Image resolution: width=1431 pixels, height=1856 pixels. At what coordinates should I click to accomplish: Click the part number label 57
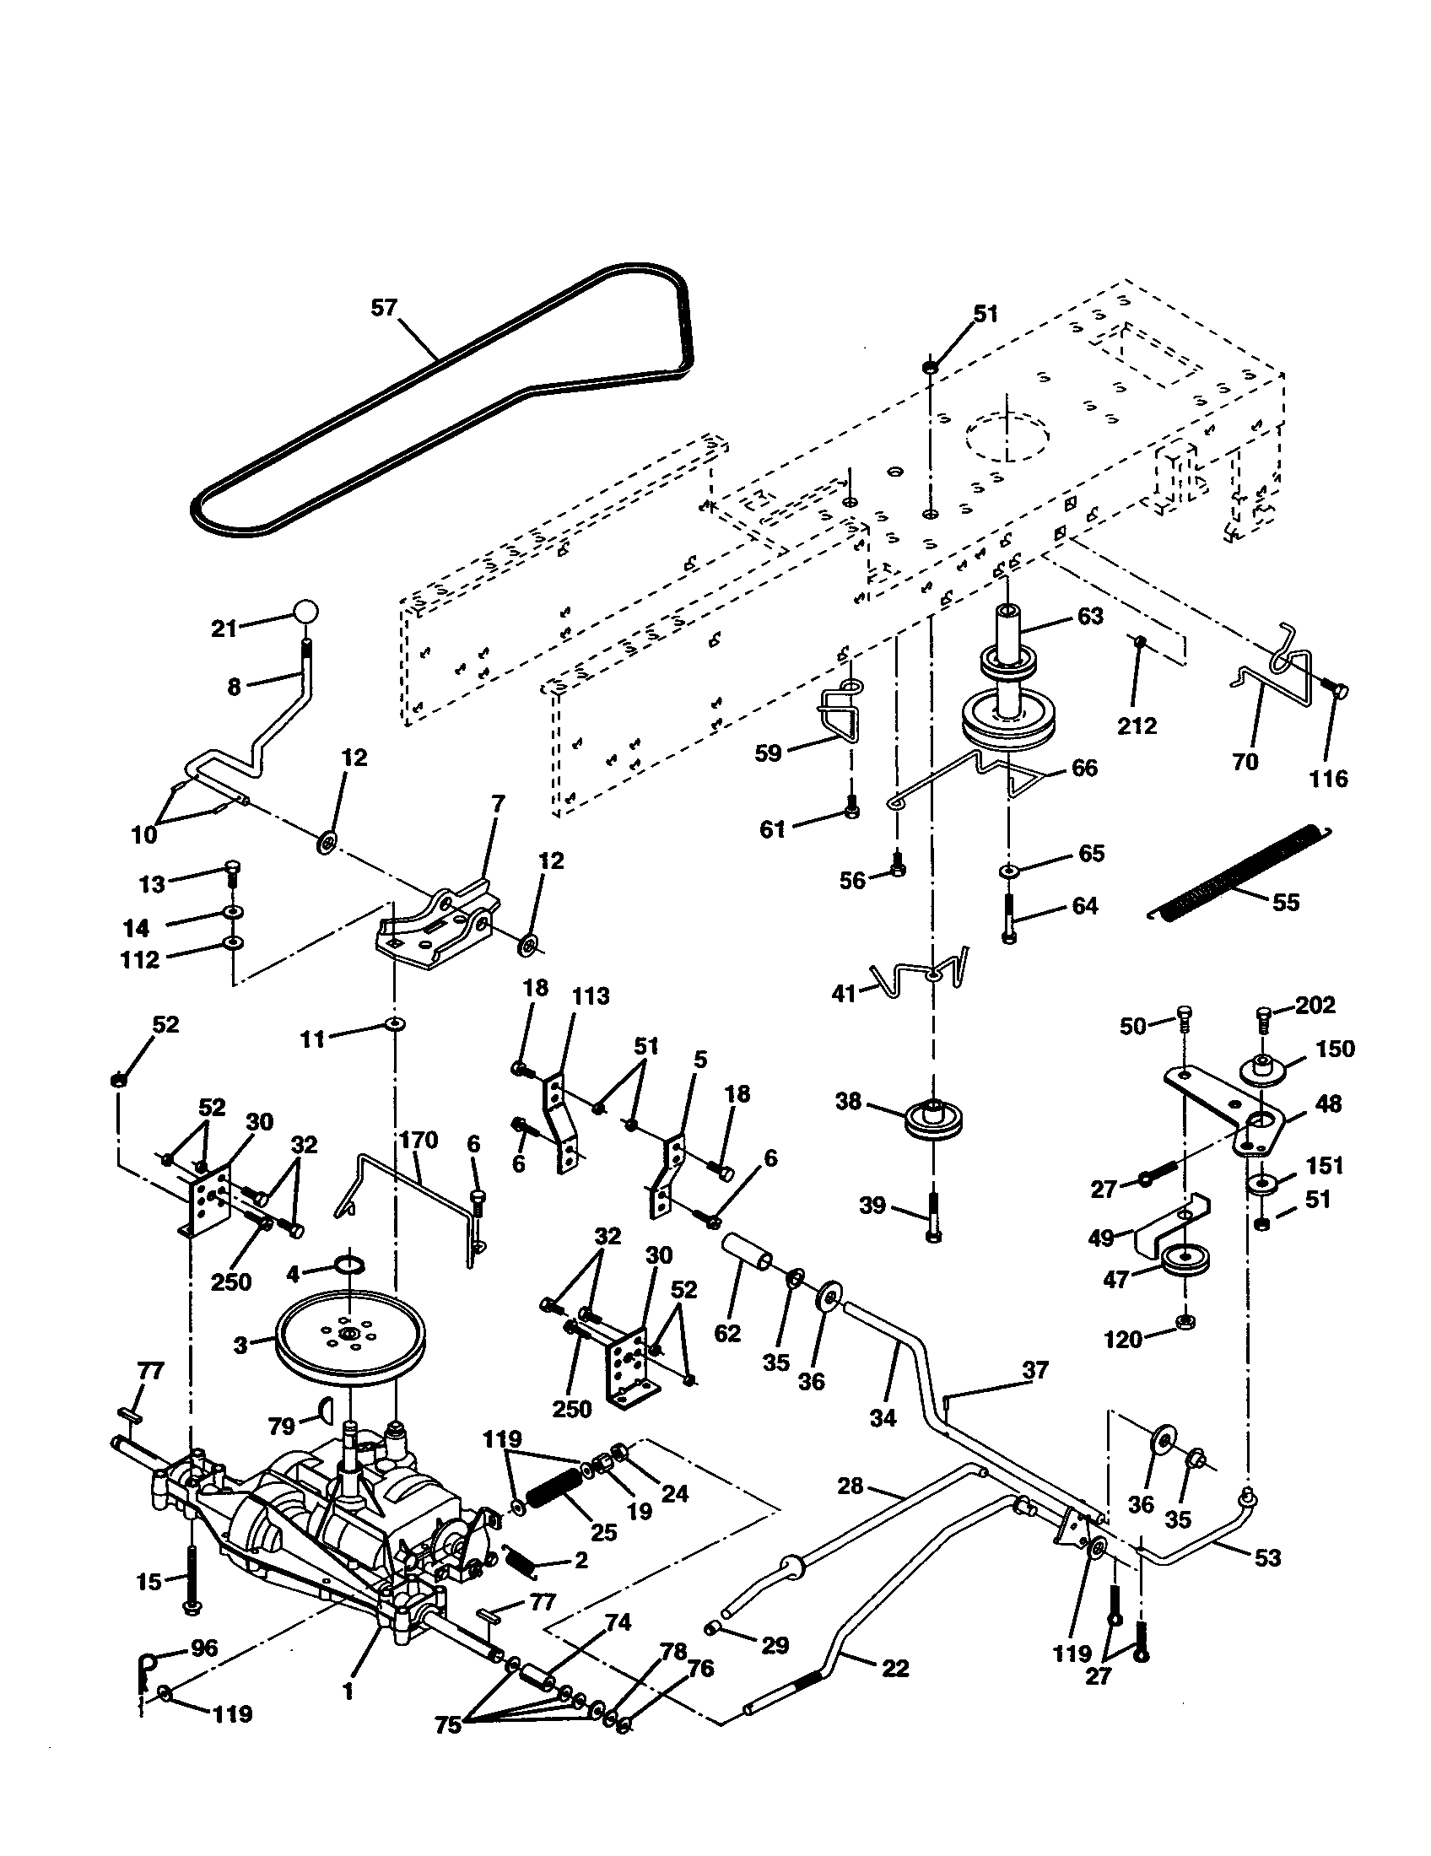[x=384, y=307]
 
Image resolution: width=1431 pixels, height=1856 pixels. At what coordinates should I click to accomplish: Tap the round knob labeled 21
[x=306, y=612]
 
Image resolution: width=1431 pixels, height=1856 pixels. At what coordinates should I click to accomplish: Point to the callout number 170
[x=418, y=1140]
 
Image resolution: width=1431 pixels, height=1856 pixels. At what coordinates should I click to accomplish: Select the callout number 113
[x=590, y=995]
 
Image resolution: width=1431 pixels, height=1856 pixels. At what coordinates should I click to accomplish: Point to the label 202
[x=1315, y=1005]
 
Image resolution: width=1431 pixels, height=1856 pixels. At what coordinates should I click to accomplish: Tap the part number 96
[x=204, y=1648]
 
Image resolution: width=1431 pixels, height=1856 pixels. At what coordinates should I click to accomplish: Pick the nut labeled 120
[x=1183, y=1321]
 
